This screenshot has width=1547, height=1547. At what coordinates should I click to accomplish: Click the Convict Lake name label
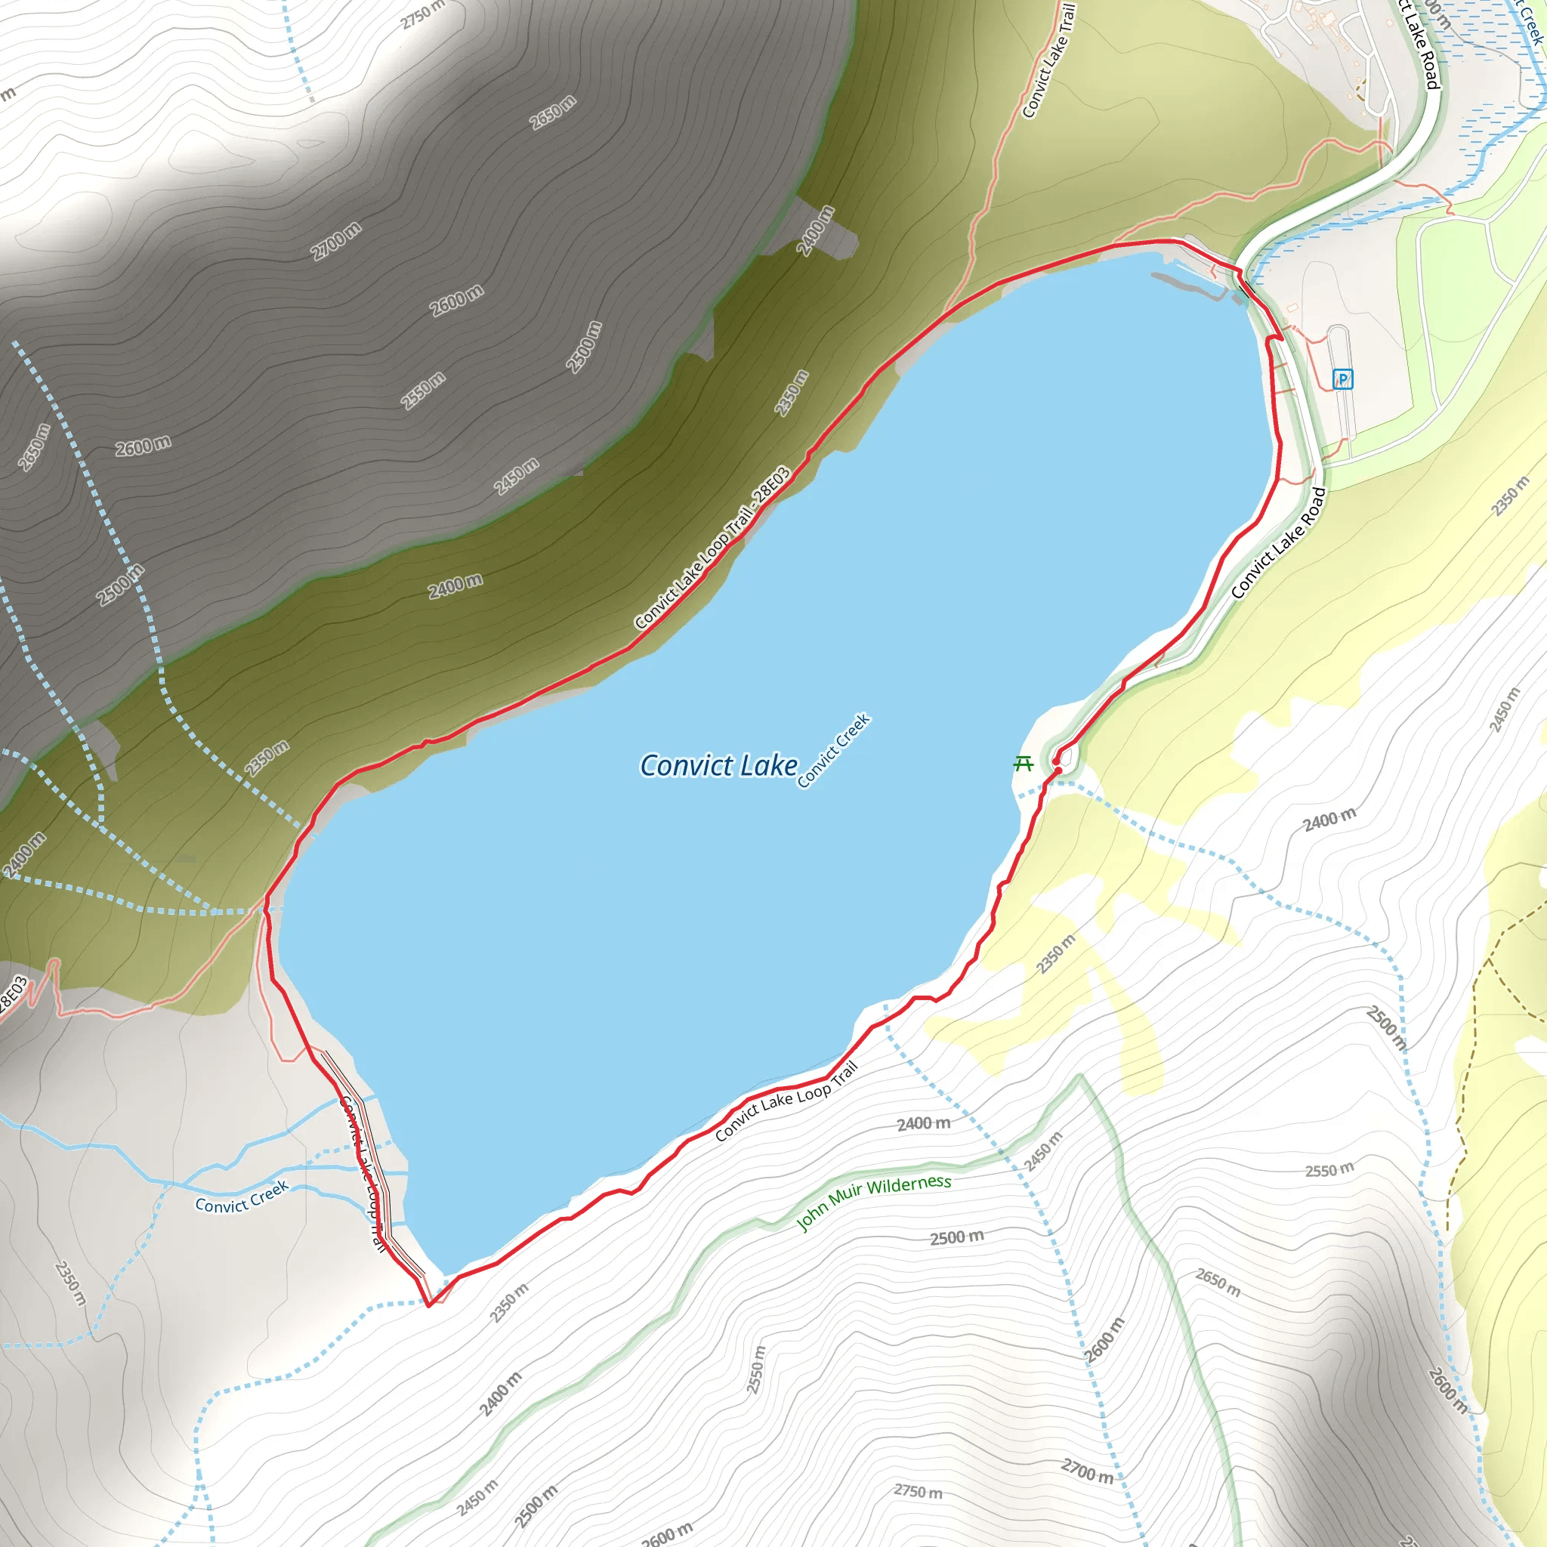[x=718, y=765]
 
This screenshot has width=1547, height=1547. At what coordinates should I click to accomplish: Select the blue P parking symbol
[x=1343, y=378]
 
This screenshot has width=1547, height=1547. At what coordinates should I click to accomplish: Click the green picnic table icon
[x=1024, y=763]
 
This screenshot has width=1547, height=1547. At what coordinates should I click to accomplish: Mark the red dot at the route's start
[x=1058, y=770]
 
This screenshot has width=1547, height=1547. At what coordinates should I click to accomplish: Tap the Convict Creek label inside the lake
[x=834, y=750]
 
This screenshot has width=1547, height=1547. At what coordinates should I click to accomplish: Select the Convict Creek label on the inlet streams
[x=242, y=1197]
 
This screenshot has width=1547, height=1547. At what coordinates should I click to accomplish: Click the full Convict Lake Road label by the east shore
[x=1278, y=543]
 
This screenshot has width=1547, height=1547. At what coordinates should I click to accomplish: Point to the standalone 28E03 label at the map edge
[x=13, y=997]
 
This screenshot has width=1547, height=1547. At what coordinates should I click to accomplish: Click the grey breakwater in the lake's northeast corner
[x=1189, y=285]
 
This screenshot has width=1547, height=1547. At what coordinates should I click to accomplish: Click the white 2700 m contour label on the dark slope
[x=336, y=240]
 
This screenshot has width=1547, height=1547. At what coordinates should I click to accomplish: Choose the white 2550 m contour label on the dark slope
[x=423, y=390]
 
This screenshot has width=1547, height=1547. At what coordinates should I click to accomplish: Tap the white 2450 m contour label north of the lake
[x=517, y=476]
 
